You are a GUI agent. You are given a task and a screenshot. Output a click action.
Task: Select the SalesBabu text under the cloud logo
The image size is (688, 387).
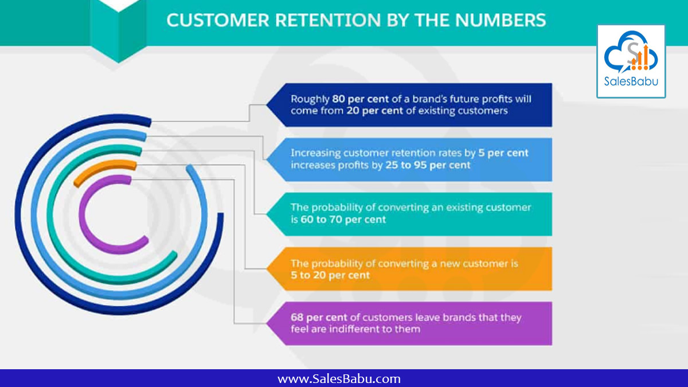[631, 82]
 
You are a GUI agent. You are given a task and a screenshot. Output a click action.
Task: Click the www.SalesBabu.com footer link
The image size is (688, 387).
[339, 379]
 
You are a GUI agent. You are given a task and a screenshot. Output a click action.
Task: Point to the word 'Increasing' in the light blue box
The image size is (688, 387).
[316, 154]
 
